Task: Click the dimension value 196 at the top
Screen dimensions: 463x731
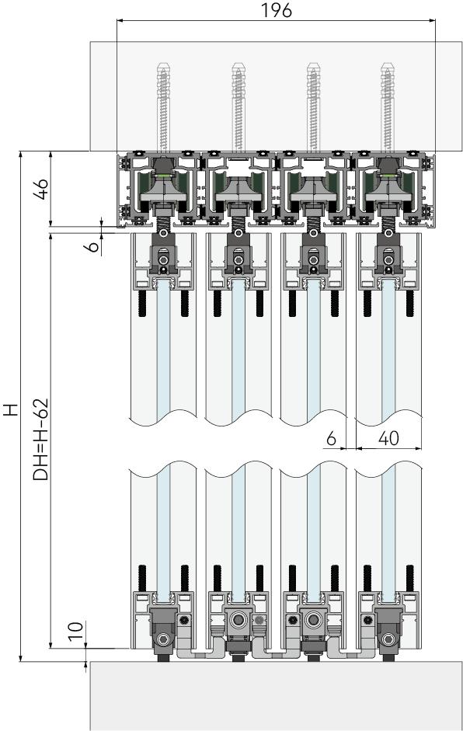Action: point(276,10)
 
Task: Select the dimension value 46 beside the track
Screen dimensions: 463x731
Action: point(42,189)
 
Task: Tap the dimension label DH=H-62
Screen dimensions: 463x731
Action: point(41,439)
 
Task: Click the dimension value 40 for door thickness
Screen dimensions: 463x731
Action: point(388,438)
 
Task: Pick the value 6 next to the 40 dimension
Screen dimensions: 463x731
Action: point(331,438)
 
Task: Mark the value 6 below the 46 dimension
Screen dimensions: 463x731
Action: point(94,245)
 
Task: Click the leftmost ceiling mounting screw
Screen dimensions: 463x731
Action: point(163,107)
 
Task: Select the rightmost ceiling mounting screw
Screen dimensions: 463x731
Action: point(388,107)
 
